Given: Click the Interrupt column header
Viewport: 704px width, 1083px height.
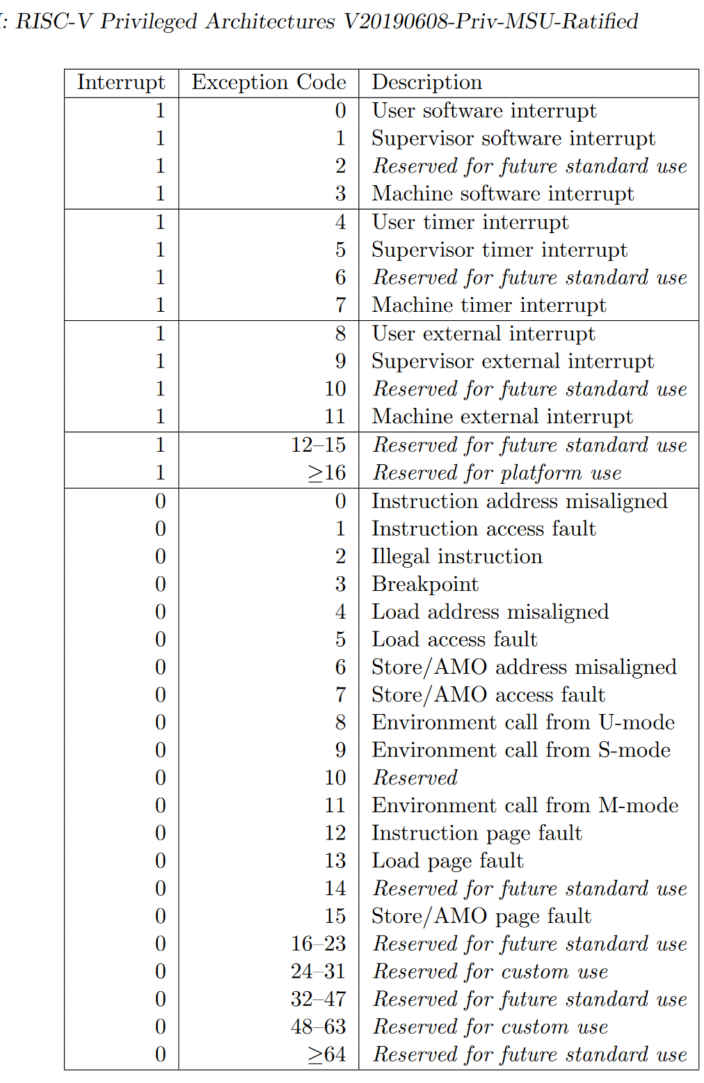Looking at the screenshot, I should pyautogui.click(x=121, y=82).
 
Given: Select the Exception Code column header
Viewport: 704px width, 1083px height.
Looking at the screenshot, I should pyautogui.click(x=269, y=82).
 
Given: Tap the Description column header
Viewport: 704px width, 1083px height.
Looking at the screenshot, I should pyautogui.click(x=426, y=82).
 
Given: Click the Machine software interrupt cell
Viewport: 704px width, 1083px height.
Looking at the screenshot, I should pyautogui.click(x=502, y=193).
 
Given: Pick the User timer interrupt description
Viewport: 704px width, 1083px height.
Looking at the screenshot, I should pyautogui.click(x=470, y=222).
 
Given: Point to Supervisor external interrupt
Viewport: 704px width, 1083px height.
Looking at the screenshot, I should pyautogui.click(x=513, y=361).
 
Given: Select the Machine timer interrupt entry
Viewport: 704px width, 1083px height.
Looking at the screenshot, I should pyautogui.click(x=489, y=305).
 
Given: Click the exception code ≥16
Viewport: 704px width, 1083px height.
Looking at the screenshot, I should pyautogui.click(x=327, y=473).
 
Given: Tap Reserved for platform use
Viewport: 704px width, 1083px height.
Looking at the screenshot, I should pyautogui.click(x=497, y=473).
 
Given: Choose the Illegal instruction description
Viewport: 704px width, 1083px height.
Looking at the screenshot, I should pyautogui.click(x=456, y=556).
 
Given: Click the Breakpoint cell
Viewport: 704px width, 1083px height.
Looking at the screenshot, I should pyautogui.click(x=425, y=584).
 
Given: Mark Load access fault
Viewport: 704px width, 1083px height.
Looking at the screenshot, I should pyautogui.click(x=454, y=639).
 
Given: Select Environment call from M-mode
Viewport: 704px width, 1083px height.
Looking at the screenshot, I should pyautogui.click(x=525, y=805).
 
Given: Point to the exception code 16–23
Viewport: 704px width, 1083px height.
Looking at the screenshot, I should pyautogui.click(x=318, y=944).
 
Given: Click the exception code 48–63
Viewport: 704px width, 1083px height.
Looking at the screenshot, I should pyautogui.click(x=318, y=1027).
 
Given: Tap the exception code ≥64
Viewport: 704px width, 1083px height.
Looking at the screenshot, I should pyautogui.click(x=327, y=1054).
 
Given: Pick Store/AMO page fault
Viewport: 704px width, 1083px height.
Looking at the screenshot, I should pyautogui.click(x=481, y=916).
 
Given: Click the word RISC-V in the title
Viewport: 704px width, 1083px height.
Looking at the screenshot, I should pyautogui.click(x=55, y=21).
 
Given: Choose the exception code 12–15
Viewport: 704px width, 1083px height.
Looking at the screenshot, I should pyautogui.click(x=318, y=445).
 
